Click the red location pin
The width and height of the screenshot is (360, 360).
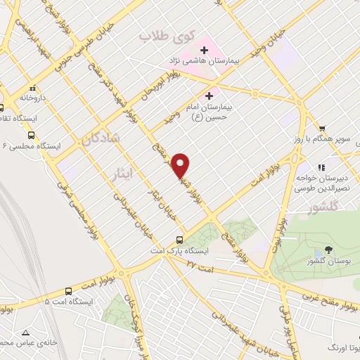[181, 165]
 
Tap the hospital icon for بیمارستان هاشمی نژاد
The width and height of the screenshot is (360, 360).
[205, 51]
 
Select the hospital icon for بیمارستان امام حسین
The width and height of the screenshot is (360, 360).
[208, 96]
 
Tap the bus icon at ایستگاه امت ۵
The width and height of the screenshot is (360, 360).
[68, 290]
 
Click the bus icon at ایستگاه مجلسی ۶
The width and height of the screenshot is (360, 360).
[31, 136]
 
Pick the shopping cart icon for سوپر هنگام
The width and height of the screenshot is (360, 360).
[322, 128]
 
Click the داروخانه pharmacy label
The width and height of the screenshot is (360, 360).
[33, 98]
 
